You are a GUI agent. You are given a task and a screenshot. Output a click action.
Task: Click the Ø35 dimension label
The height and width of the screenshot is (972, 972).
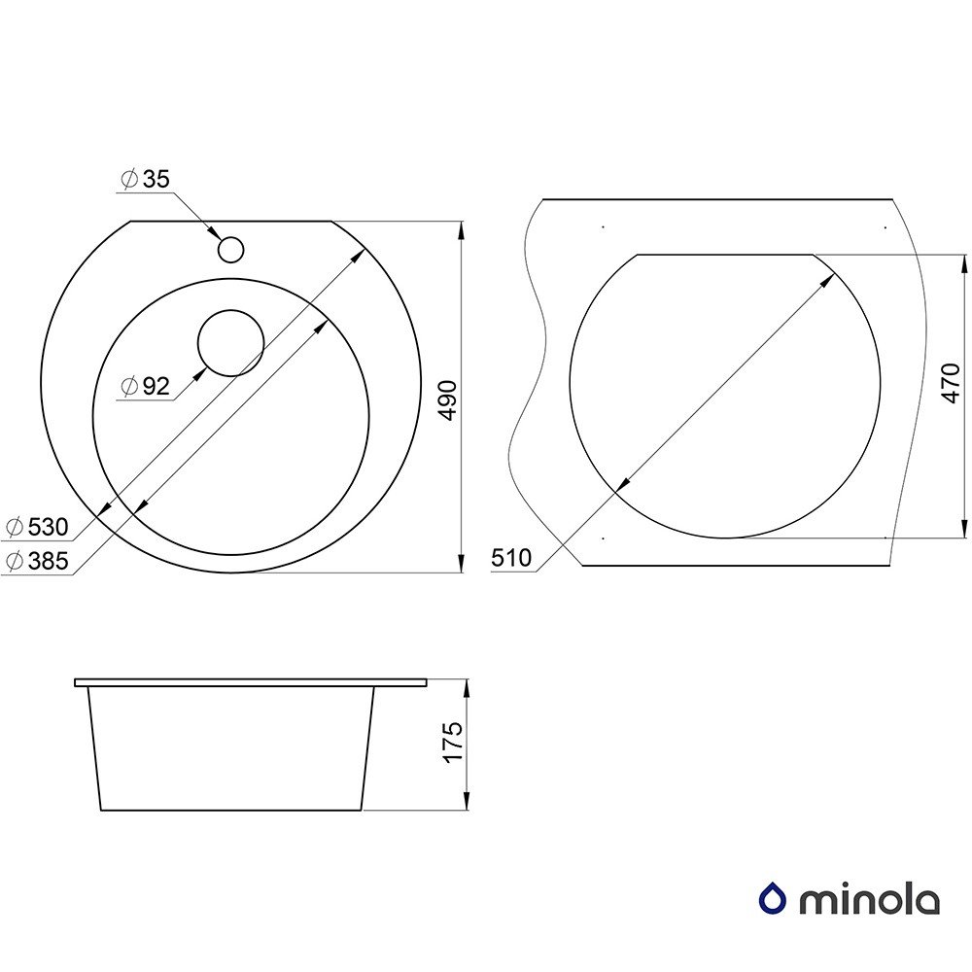(145, 179)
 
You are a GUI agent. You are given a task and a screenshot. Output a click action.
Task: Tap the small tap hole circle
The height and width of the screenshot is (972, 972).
(230, 250)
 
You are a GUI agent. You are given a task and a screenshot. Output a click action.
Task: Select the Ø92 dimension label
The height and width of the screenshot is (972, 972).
(146, 386)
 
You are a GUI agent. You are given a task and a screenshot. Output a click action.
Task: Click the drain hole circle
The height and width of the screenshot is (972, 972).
(230, 343)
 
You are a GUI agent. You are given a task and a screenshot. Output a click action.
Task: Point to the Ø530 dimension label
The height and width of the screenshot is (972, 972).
(37, 527)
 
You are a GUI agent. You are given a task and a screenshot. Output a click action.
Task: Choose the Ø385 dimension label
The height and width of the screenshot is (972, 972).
(37, 561)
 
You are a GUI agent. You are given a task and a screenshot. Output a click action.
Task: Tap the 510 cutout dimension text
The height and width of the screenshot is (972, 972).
(511, 559)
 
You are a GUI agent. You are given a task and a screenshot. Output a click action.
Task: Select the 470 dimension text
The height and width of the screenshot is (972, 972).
(951, 383)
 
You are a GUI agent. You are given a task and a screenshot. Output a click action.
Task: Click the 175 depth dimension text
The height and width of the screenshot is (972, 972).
(454, 742)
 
